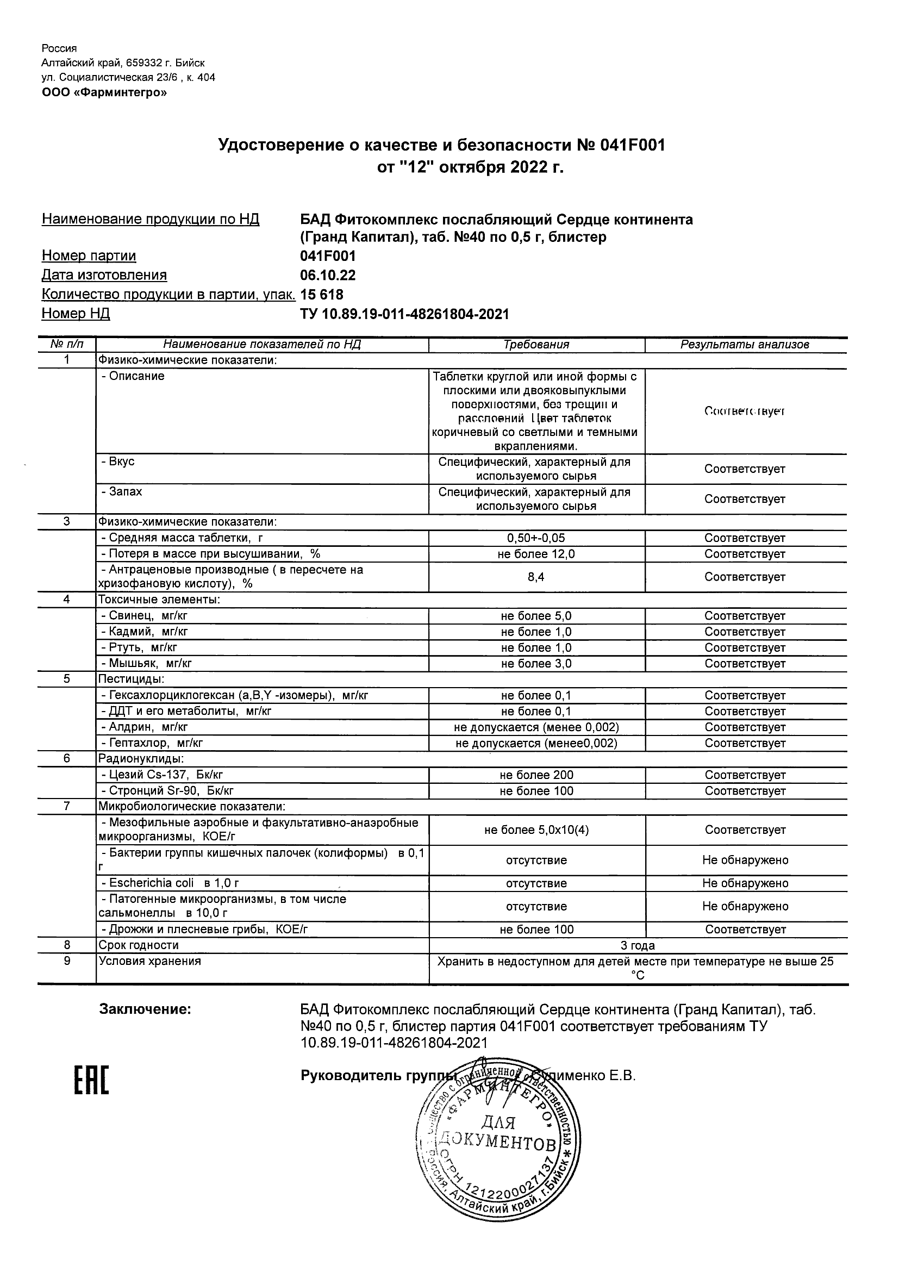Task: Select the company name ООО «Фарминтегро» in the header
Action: [x=104, y=92]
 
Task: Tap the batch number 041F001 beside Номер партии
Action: [x=327, y=256]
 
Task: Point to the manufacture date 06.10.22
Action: [x=327, y=276]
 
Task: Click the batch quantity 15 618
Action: [x=321, y=295]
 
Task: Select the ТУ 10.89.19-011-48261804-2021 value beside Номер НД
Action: [x=404, y=315]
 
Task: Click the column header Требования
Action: [x=536, y=345]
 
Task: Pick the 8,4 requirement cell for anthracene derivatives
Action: [x=536, y=577]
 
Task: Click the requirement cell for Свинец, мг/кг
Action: [x=536, y=615]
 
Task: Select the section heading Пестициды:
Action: [x=132, y=678]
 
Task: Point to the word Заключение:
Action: [x=145, y=1009]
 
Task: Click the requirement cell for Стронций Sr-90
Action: [x=536, y=791]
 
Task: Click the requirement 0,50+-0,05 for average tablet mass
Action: [x=536, y=538]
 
